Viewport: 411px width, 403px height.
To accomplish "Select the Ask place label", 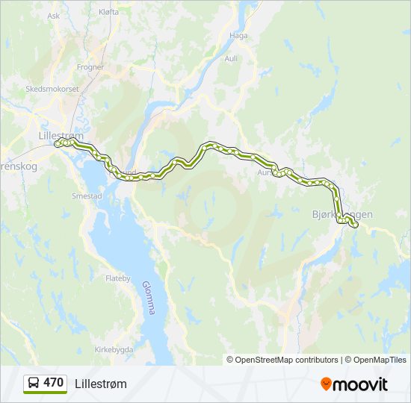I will (x=53, y=15).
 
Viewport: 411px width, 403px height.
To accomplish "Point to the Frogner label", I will (x=90, y=66).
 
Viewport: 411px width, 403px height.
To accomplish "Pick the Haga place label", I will (x=238, y=35).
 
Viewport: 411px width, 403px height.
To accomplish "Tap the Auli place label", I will (x=231, y=57).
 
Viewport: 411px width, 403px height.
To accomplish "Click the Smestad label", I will (x=87, y=196).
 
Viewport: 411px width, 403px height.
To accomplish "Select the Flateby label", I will (x=118, y=278).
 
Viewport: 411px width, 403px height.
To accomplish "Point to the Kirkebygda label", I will (x=114, y=349).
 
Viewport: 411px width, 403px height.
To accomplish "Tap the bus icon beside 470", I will (x=34, y=383).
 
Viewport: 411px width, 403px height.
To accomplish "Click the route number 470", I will (x=53, y=383).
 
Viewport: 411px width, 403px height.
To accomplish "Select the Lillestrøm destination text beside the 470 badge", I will (x=101, y=384).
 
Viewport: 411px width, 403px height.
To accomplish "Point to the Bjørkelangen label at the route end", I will (x=342, y=214).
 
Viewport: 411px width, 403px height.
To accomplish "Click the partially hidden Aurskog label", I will (x=266, y=171).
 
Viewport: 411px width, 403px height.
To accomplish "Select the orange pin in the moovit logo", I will (x=327, y=384).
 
